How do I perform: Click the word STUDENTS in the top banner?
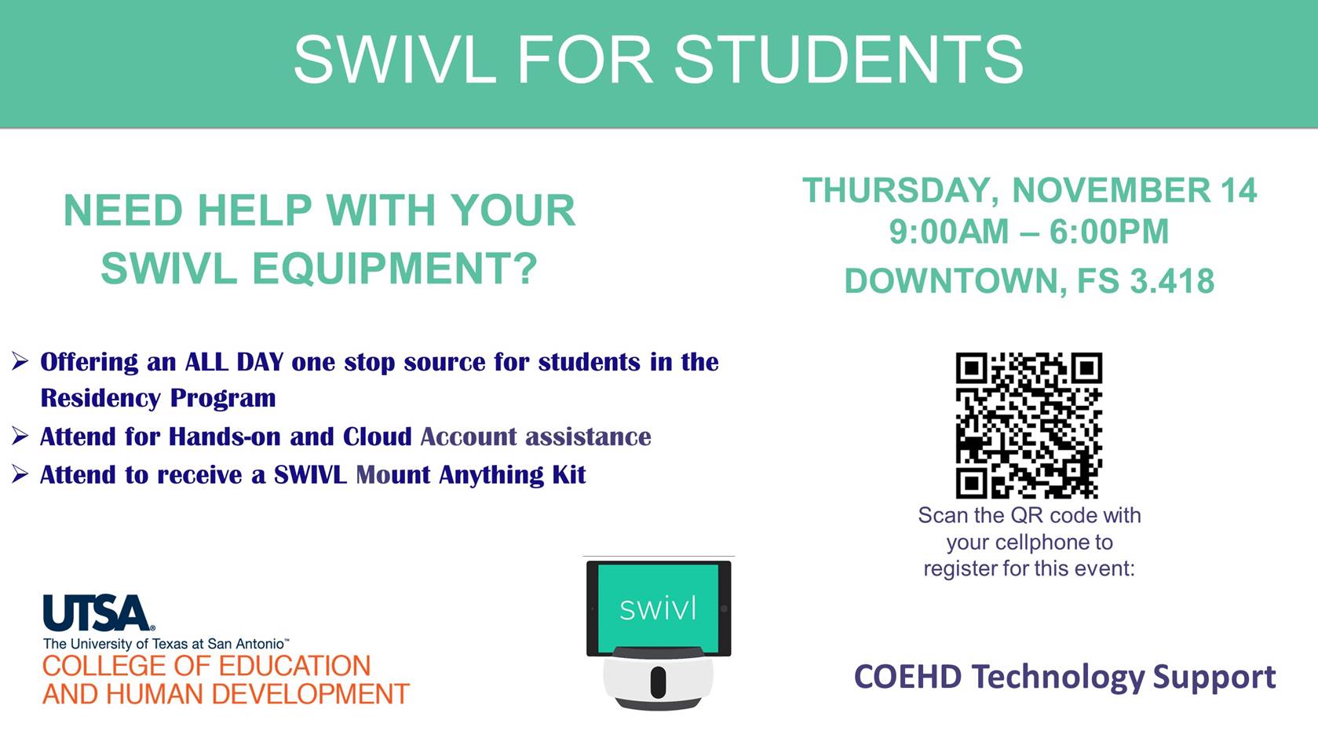pyautogui.click(x=849, y=60)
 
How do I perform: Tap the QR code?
pyautogui.click(x=1028, y=426)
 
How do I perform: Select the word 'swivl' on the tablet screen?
pyautogui.click(x=658, y=609)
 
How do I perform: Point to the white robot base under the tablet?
pyautogui.click(x=658, y=679)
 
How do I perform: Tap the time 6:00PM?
pyautogui.click(x=1108, y=232)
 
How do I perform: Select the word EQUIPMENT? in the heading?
pyautogui.click(x=395, y=269)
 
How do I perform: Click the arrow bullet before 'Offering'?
pyautogui.click(x=20, y=361)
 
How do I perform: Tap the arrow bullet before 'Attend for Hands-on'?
pyautogui.click(x=20, y=436)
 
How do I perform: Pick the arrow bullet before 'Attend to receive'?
pyautogui.click(x=20, y=474)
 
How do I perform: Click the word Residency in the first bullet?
pyautogui.click(x=100, y=398)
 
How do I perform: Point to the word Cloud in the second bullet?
pyautogui.click(x=377, y=437)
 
